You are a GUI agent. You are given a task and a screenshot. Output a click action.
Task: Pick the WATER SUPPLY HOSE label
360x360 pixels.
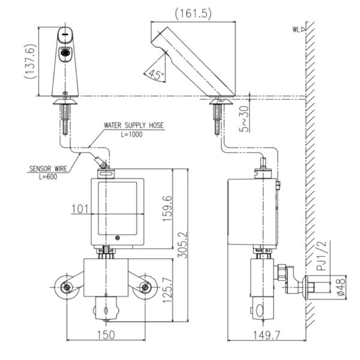tap(133, 126)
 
